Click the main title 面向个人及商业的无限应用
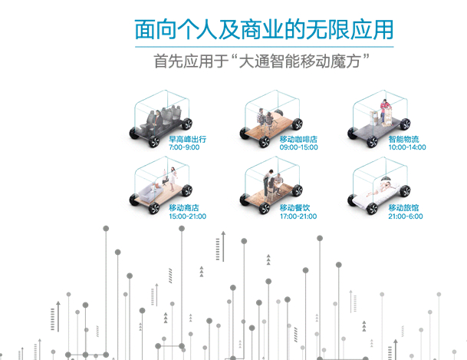pos(264,30)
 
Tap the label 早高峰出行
pos(187,140)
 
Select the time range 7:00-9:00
pos(184,147)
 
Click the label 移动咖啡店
pos(298,140)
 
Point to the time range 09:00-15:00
pos(298,147)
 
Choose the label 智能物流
pos(403,140)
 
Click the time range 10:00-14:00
pos(406,147)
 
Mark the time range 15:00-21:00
pos(187,216)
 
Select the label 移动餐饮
pos(295,208)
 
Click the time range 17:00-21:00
pos(298,216)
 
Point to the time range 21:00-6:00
pos(405,216)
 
